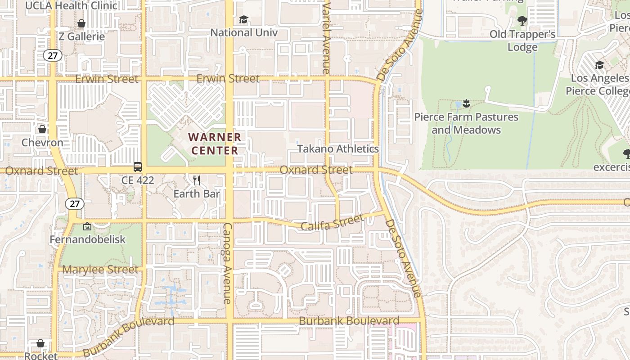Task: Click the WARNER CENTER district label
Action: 215,144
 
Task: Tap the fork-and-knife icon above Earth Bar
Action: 197,181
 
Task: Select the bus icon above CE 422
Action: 138,167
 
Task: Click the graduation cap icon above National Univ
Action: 243,20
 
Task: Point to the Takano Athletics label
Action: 338,149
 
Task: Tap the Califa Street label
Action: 332,222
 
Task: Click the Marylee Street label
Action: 100,270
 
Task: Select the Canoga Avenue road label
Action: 228,263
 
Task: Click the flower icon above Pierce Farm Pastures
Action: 466,104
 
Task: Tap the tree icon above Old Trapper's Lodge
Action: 522,20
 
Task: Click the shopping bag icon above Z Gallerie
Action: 81,23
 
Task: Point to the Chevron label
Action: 43,143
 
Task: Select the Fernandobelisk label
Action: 88,239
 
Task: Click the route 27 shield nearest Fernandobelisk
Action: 75,204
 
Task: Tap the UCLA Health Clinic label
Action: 71,6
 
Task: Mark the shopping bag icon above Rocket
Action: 40,343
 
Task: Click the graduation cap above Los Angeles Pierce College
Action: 599,65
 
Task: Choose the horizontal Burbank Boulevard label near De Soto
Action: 349,321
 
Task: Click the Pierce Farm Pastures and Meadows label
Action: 466,124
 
